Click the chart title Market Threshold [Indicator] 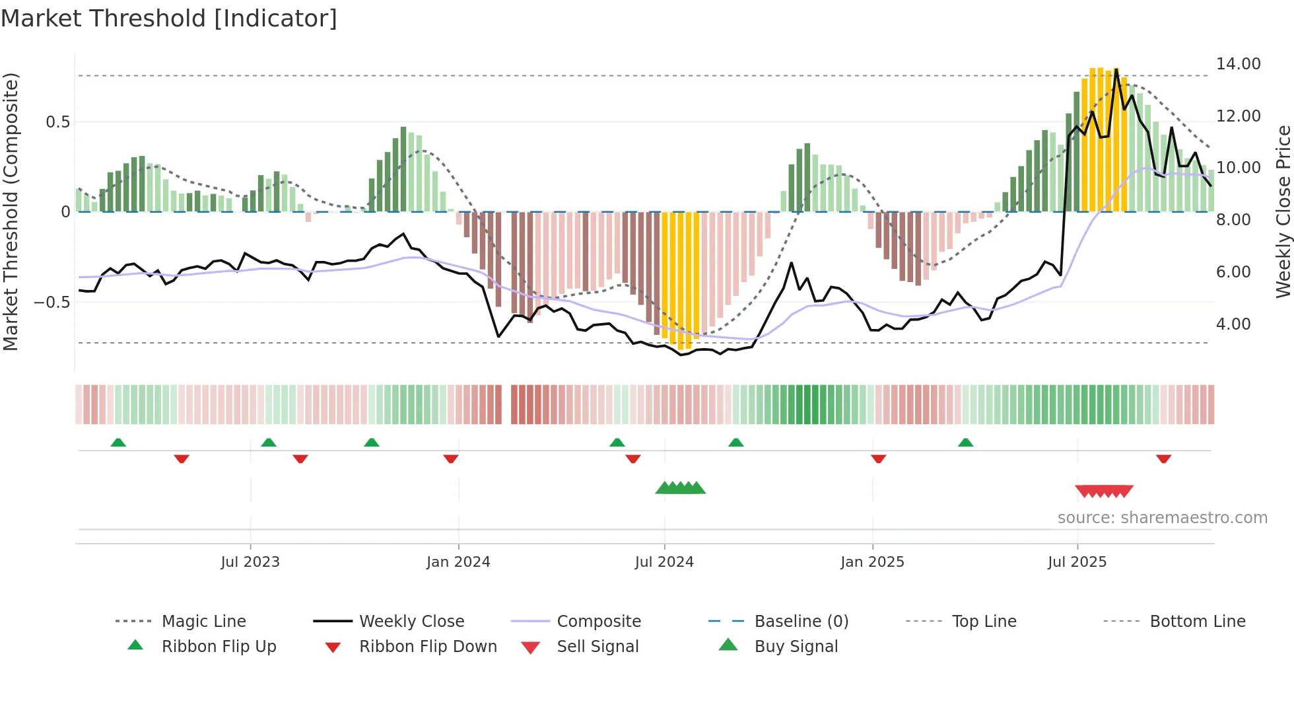click(169, 18)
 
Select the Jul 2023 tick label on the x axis click(250, 562)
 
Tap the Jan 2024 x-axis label click(458, 562)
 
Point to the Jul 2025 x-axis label click(1077, 562)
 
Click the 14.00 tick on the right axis click(1238, 64)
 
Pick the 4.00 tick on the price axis click(1233, 324)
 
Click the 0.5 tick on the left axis click(58, 122)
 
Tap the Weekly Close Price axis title click(1283, 211)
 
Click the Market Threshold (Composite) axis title click(11, 211)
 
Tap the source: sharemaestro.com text click(1162, 518)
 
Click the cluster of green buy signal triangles click(681, 488)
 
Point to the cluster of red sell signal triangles click(1104, 491)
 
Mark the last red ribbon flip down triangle click(1163, 458)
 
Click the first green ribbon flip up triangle click(118, 443)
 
